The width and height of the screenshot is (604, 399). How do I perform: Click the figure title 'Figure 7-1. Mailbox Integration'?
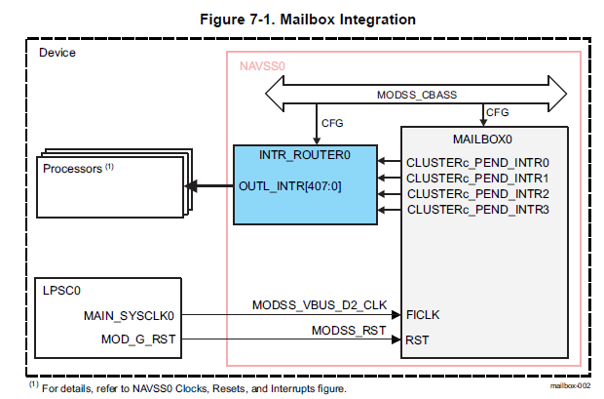(x=301, y=18)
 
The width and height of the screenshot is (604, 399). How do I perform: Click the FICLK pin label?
(x=423, y=315)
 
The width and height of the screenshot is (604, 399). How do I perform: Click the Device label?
(x=57, y=52)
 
